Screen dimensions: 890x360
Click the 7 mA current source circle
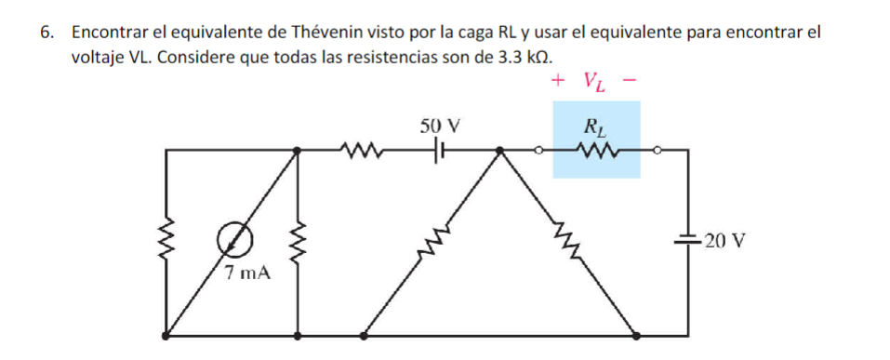coord(232,241)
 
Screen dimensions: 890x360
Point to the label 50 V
coord(440,125)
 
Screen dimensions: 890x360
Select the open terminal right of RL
coord(658,150)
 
